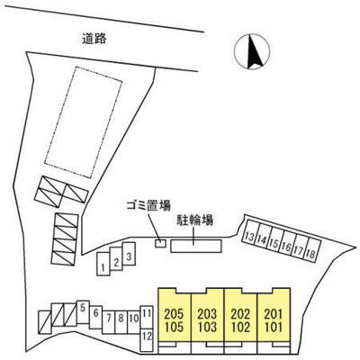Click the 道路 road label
coord(94,39)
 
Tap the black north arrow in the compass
coord(254,51)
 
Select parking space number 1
coord(103,264)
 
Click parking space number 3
coord(129,254)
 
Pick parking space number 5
coord(83,312)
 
